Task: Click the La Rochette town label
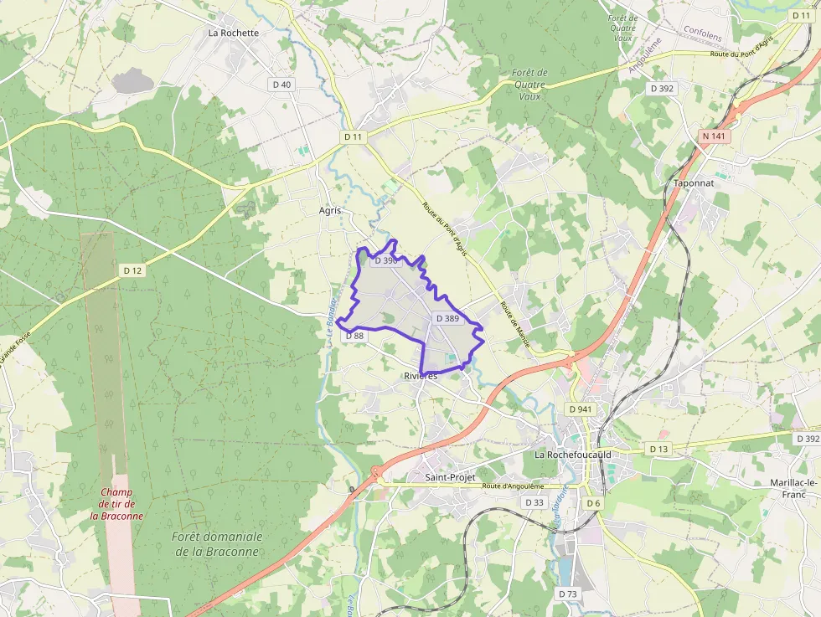pos(234,33)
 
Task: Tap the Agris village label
pos(330,210)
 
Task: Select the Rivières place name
pos(421,376)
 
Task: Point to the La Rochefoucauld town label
pos(573,455)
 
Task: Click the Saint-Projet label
pos(450,477)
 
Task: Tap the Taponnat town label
pos(693,182)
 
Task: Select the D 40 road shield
pos(281,85)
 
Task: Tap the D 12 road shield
pos(133,270)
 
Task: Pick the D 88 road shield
pos(354,336)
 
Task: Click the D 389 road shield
pos(448,318)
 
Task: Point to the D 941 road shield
pos(580,409)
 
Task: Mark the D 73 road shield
pos(568,594)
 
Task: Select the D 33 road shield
pos(534,502)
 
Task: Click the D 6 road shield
pos(593,502)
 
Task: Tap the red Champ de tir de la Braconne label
pos(116,504)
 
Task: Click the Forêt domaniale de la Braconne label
pos(217,543)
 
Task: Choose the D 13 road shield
pos(659,450)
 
